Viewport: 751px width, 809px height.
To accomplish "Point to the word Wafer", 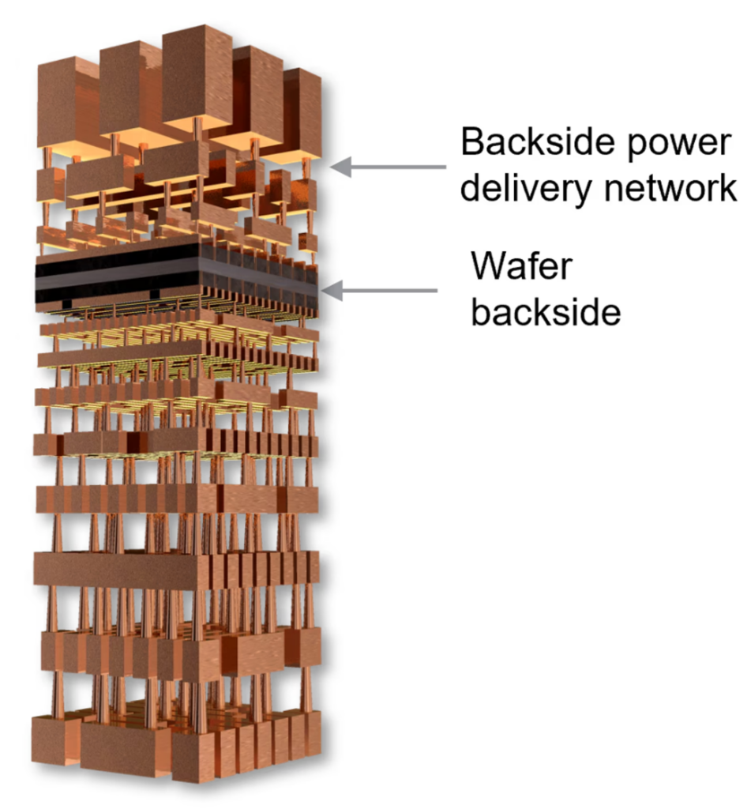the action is click(521, 266).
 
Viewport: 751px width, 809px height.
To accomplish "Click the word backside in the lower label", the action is click(546, 310).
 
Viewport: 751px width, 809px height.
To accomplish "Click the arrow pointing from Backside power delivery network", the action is click(388, 167).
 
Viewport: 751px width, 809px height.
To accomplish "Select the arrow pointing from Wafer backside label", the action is click(379, 291).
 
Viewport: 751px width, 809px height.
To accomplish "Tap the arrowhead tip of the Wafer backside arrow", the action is click(321, 291).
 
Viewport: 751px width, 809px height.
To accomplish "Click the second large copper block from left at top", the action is click(129, 90).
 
